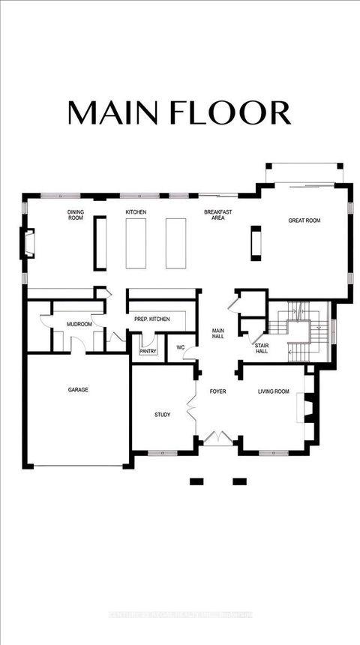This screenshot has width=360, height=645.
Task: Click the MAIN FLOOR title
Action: click(178, 112)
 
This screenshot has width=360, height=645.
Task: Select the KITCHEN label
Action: click(136, 213)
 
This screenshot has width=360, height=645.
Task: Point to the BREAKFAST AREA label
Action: click(217, 216)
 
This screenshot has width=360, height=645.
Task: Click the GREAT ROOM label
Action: click(304, 220)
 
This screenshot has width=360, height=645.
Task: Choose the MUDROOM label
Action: click(79, 325)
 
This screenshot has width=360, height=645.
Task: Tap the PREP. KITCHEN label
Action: click(151, 319)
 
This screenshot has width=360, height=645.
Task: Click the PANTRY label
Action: click(148, 351)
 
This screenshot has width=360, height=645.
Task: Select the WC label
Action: click(180, 348)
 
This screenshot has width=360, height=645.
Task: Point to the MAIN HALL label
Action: click(218, 334)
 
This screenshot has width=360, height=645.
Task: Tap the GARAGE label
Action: click(78, 390)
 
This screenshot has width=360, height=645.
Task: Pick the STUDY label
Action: click(163, 415)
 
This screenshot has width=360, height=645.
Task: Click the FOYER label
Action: click(217, 391)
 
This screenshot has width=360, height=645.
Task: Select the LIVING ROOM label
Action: click(274, 391)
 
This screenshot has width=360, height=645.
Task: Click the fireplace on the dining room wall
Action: click(28, 244)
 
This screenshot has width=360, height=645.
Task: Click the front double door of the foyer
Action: click(217, 436)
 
